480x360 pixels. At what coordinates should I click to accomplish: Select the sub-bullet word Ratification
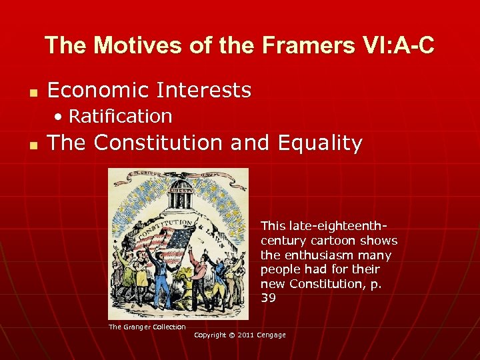(121, 116)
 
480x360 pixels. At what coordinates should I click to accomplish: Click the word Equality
(320, 143)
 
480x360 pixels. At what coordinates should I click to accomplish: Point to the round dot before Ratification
(60, 117)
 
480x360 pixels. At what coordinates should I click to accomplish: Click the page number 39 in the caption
(268, 298)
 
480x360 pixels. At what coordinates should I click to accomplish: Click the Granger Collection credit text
(147, 327)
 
